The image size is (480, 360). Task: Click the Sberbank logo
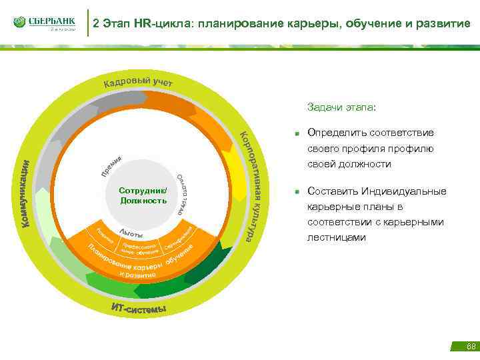pyautogui.click(x=44, y=23)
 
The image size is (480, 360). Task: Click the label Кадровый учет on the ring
pyautogui.click(x=138, y=83)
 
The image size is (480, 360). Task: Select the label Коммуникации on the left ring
pyautogui.click(x=25, y=194)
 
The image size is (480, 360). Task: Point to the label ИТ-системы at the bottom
pyautogui.click(x=139, y=308)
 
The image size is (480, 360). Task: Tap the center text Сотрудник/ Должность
pyautogui.click(x=143, y=195)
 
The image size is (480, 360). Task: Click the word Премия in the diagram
pyautogui.click(x=111, y=166)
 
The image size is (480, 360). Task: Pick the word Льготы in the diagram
pyautogui.click(x=131, y=233)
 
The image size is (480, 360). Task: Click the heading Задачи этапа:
pyautogui.click(x=341, y=107)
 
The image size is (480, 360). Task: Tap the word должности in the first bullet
pyautogui.click(x=369, y=163)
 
